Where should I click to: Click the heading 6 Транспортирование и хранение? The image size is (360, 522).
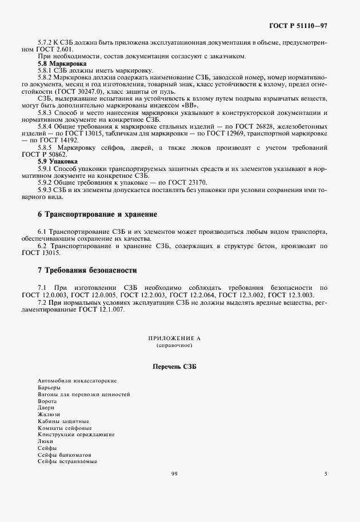click(x=97, y=214)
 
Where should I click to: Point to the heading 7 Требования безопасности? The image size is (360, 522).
click(x=87, y=269)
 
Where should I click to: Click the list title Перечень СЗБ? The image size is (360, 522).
click(x=174, y=366)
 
